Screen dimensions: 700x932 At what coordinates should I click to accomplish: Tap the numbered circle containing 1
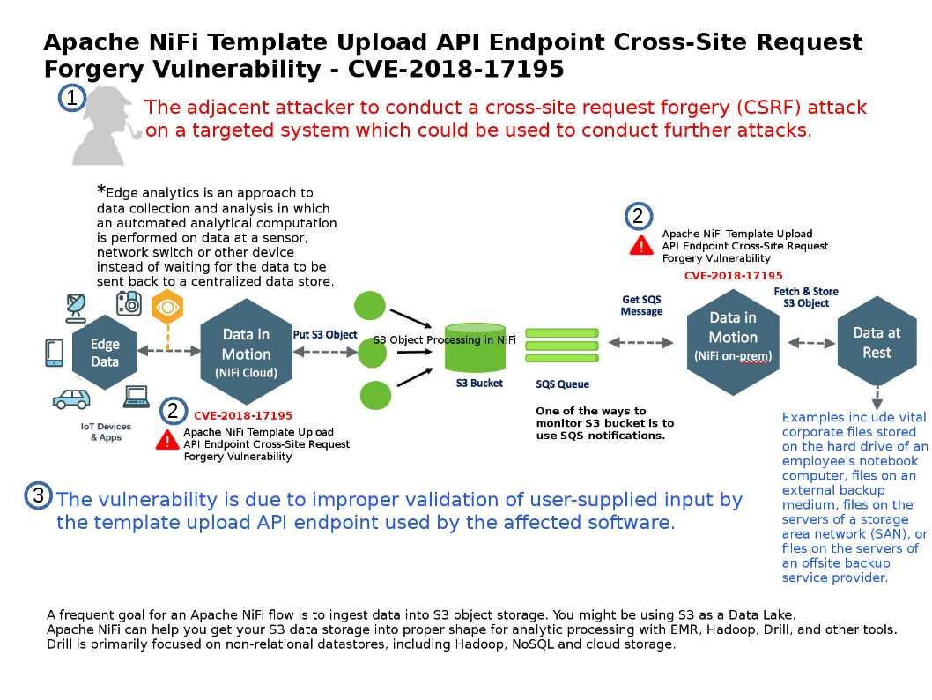point(71,99)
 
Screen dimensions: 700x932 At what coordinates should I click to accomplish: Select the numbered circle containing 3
point(38,496)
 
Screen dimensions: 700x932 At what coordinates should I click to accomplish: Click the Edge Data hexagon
point(105,353)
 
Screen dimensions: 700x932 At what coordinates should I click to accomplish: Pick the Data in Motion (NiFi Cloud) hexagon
point(246,352)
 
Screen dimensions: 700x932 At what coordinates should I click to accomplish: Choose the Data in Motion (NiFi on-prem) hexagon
point(732,337)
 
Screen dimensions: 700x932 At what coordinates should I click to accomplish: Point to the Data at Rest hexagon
point(877,343)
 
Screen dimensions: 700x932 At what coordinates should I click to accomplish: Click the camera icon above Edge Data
point(129,302)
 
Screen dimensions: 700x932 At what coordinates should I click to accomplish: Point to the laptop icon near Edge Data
point(136,398)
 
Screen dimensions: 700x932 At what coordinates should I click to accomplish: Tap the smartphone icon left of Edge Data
point(54,353)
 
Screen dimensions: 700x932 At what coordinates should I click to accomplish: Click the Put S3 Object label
point(325,335)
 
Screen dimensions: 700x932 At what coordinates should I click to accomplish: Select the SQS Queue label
point(562,384)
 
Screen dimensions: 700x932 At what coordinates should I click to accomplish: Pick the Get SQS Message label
point(641,305)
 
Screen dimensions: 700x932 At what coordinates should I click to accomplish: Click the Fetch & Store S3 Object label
point(806,297)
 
